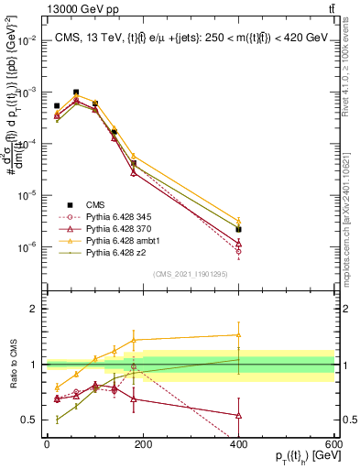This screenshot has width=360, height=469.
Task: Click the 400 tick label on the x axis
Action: coord(238,444)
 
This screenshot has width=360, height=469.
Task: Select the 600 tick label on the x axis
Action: coord(334,444)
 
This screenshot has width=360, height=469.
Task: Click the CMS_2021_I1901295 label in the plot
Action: coord(190,273)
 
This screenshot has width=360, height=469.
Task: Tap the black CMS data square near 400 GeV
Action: coord(238,229)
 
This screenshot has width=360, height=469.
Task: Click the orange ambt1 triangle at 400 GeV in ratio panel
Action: coord(238,334)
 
